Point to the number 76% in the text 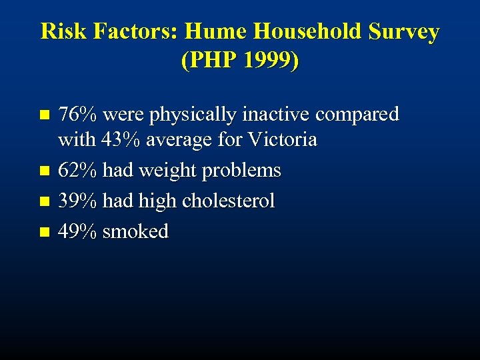77,115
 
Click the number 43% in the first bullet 120,141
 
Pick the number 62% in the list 77,171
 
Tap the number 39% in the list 77,201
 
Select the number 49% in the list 77,231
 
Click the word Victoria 281,141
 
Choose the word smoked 135,231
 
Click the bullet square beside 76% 44,115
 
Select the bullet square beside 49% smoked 44,231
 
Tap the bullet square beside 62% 44,171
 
